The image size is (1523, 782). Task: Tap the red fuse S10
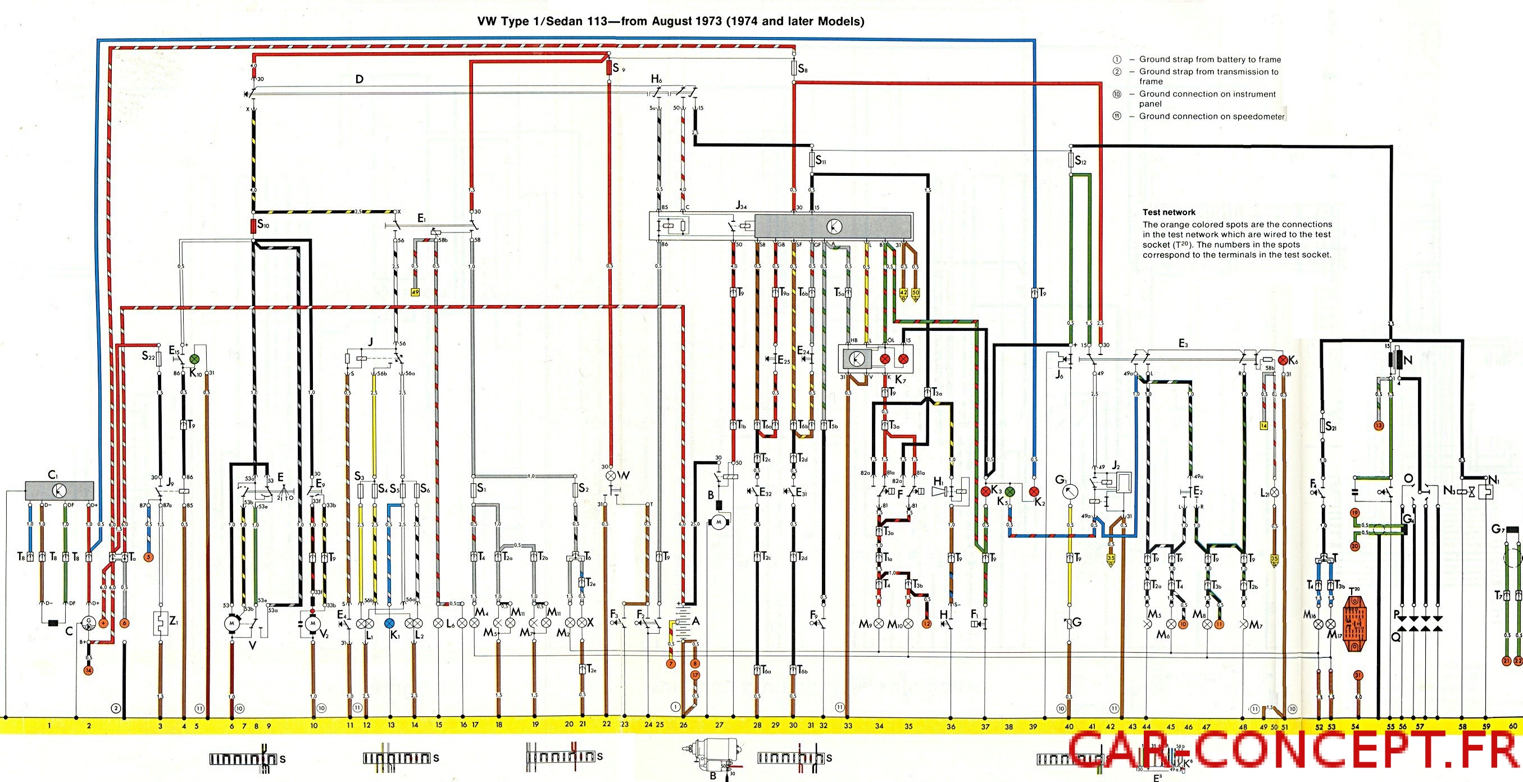pos(253,226)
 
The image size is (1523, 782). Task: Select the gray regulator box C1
pos(59,490)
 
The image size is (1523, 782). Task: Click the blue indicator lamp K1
pos(390,623)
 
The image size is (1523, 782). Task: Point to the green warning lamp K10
pos(196,359)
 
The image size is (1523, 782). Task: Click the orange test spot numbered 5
pos(148,557)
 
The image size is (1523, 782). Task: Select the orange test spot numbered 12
pos(926,624)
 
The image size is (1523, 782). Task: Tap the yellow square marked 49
pos(415,292)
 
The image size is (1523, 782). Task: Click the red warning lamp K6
pos(1283,360)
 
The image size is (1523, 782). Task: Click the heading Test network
pos(1169,212)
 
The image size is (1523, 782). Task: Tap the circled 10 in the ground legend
pos(1117,94)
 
